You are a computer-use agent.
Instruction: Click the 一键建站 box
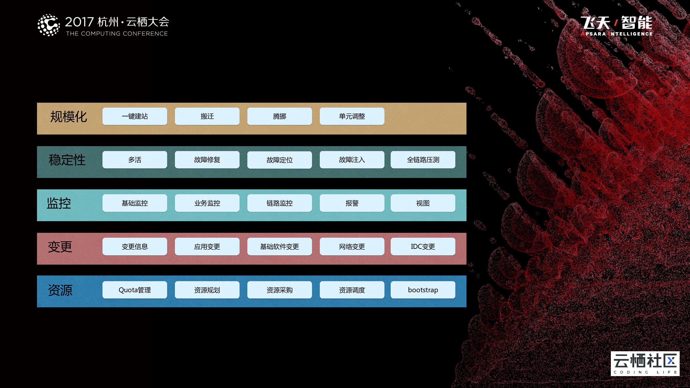tap(135, 116)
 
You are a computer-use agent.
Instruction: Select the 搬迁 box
tap(207, 116)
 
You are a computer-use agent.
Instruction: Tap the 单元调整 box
tap(352, 116)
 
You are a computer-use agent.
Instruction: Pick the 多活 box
tap(135, 160)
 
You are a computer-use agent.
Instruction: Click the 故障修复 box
tap(207, 160)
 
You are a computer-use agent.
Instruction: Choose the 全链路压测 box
tap(423, 160)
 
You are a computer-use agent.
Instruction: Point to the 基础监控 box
tap(135, 203)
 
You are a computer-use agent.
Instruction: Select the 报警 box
tap(352, 203)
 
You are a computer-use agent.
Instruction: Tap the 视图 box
tap(423, 203)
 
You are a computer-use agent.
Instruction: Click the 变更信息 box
tap(135, 247)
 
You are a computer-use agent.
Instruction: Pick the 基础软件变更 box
tap(279, 247)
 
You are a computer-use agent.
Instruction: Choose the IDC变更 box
tap(423, 247)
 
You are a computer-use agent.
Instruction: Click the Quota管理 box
tap(135, 290)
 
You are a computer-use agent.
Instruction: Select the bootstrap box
tap(423, 290)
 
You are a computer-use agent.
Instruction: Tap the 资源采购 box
tap(279, 290)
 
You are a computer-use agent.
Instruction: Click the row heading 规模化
tap(69, 117)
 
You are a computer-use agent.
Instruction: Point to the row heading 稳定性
tap(67, 160)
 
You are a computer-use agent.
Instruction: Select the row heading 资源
tap(60, 290)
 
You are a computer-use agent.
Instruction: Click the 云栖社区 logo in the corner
tap(645, 363)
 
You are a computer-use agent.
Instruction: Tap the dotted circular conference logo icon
tap(48, 25)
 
